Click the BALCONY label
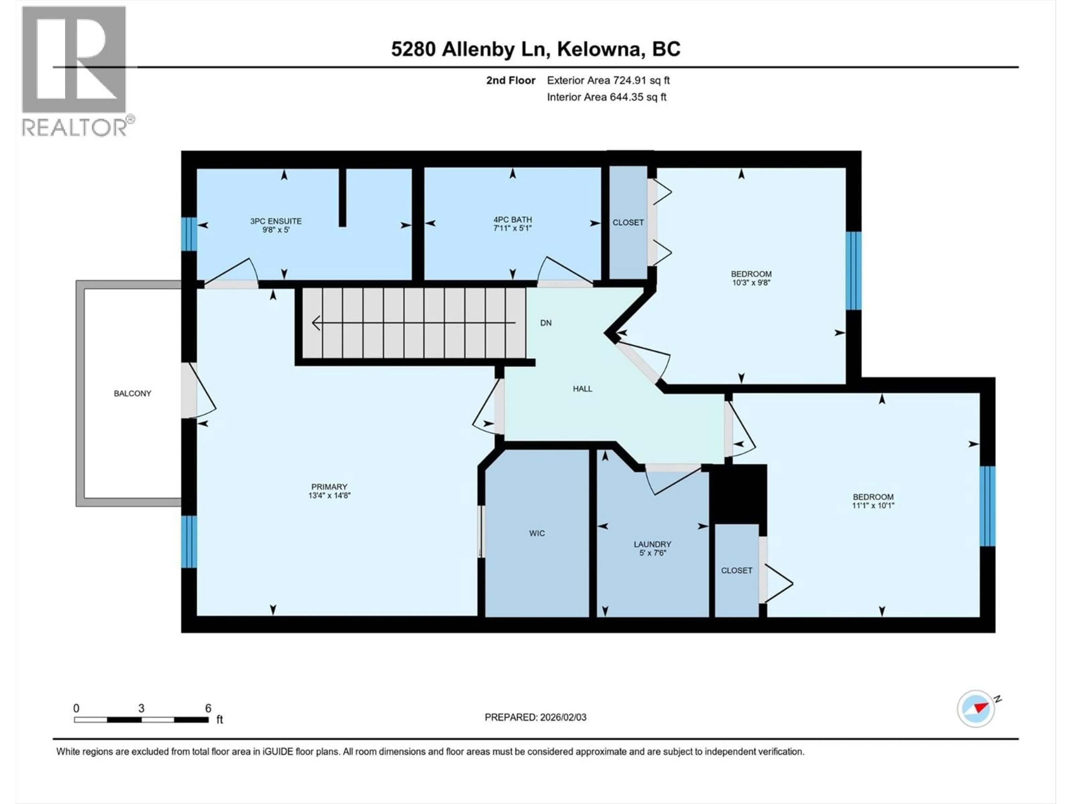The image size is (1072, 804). coord(132,394)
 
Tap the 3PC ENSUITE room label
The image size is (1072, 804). coord(276,221)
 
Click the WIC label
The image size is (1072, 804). coord(537,533)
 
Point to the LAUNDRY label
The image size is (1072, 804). coord(652,544)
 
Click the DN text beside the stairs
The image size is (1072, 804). coord(546,323)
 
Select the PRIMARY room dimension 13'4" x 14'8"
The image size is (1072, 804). coord(329,495)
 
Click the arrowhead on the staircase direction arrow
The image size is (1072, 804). coord(316,323)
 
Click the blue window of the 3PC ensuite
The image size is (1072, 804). coord(189,234)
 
